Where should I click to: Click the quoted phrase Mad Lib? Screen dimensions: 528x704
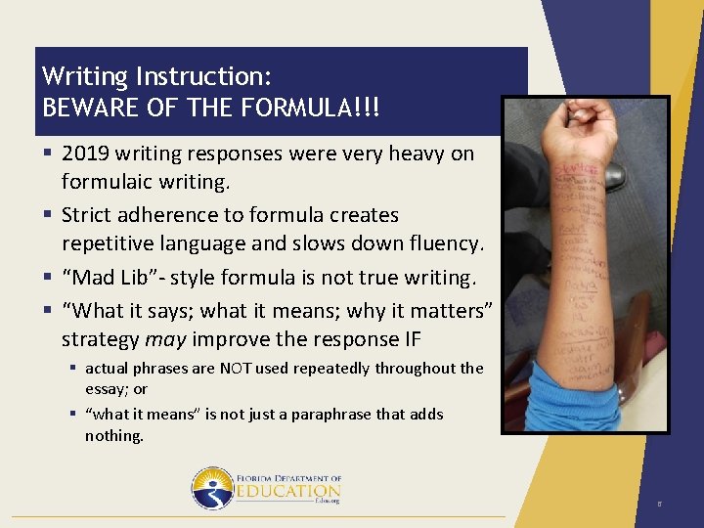pos(105,278)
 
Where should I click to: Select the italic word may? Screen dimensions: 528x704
pos(165,339)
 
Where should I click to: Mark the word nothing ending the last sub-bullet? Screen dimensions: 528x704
pos(113,436)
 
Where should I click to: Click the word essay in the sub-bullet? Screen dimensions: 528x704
pos(103,389)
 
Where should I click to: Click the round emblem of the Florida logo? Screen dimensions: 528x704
pos(212,488)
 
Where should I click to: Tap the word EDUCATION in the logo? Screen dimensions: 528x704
pos(287,491)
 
